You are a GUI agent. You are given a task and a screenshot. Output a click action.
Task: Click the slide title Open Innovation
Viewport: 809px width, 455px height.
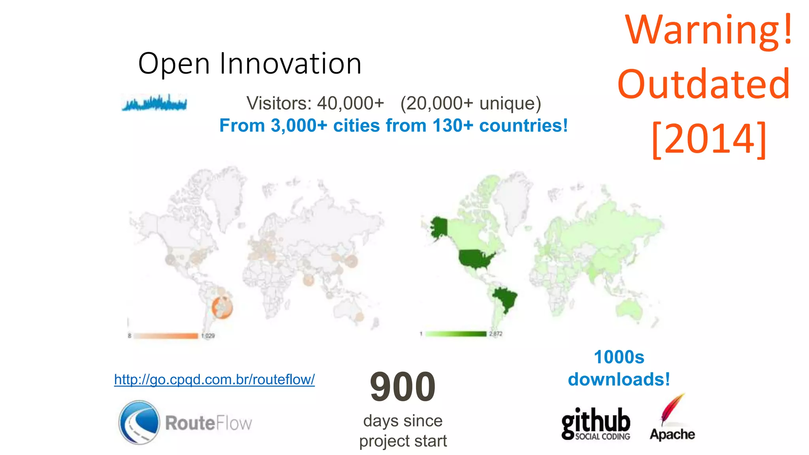[250, 64]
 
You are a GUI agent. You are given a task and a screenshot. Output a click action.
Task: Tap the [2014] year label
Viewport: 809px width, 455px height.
[709, 139]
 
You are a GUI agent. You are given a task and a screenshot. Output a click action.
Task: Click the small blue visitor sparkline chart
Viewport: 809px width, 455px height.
[154, 103]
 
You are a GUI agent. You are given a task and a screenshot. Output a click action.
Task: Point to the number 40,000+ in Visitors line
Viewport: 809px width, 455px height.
[350, 103]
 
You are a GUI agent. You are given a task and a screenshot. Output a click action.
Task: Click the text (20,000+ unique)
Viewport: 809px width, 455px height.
[470, 103]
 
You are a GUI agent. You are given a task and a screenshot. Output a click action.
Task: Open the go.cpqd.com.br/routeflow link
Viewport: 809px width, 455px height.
[214, 380]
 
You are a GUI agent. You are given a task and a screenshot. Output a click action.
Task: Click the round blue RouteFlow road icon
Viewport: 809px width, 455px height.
[139, 422]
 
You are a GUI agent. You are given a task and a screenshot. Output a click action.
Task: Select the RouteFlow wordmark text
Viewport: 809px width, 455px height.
[208, 423]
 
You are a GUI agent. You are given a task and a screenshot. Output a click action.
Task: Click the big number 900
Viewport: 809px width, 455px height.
[403, 387]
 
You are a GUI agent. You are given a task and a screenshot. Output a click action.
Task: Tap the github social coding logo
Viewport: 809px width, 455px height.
[596, 424]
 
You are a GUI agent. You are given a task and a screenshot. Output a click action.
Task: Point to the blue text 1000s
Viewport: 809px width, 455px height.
[619, 357]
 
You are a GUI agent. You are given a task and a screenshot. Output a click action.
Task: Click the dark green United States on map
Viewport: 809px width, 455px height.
[476, 259]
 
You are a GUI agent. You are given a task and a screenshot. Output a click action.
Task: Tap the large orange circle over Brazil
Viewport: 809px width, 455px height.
[222, 308]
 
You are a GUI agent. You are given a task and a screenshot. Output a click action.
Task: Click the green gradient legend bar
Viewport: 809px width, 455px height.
[456, 334]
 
